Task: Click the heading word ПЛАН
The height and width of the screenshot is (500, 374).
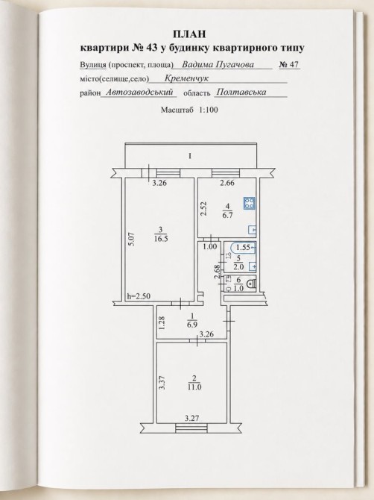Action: pos(190,34)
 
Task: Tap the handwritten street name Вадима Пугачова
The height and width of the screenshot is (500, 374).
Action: pos(218,65)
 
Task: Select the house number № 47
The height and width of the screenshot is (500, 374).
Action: pos(289,64)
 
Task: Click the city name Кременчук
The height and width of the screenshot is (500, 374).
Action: pos(186,78)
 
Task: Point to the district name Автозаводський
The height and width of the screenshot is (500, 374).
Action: pos(140,92)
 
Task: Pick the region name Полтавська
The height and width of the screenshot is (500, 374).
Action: pos(241,92)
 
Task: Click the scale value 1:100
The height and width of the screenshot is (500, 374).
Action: pos(209,110)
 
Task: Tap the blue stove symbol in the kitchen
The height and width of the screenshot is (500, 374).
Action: pos(250,203)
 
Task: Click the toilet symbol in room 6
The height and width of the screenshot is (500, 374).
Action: pos(252,283)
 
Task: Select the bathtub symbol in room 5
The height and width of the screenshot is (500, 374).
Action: pos(244,248)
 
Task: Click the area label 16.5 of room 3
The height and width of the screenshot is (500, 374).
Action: pos(160,239)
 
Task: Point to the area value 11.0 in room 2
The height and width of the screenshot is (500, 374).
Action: pos(194,387)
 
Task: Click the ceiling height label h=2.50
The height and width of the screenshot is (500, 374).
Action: pos(139,296)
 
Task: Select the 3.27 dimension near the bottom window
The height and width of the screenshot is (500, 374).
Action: pos(192,418)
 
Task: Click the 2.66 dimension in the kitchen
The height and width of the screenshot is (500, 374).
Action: pos(227,183)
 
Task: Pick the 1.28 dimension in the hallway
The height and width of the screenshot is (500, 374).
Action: pos(162,322)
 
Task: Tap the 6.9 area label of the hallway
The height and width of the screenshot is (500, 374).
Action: pos(193,325)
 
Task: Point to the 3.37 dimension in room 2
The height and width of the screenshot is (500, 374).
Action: pos(162,383)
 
